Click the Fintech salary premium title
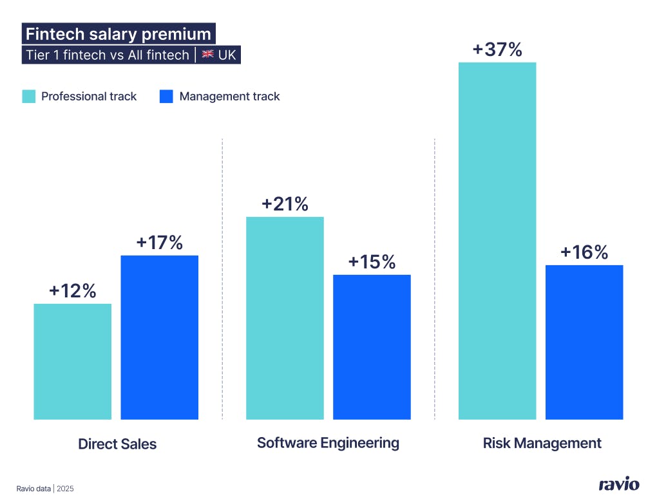(x=118, y=33)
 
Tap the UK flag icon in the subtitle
(x=207, y=55)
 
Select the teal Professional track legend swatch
(x=29, y=97)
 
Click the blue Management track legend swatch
(x=167, y=97)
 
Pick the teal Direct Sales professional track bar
(x=72, y=361)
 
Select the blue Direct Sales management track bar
(x=160, y=337)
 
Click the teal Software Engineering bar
(x=285, y=318)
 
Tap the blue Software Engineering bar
(x=372, y=347)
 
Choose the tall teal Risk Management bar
(x=497, y=241)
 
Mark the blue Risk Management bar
(x=584, y=342)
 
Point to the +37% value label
(x=497, y=50)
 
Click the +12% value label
(x=72, y=291)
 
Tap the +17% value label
(x=160, y=243)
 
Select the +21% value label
(x=285, y=204)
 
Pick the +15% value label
(x=372, y=262)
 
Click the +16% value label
(x=584, y=252)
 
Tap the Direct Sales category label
(x=117, y=444)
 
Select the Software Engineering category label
(x=328, y=443)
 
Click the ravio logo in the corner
(x=619, y=485)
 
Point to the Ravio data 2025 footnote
(x=45, y=489)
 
